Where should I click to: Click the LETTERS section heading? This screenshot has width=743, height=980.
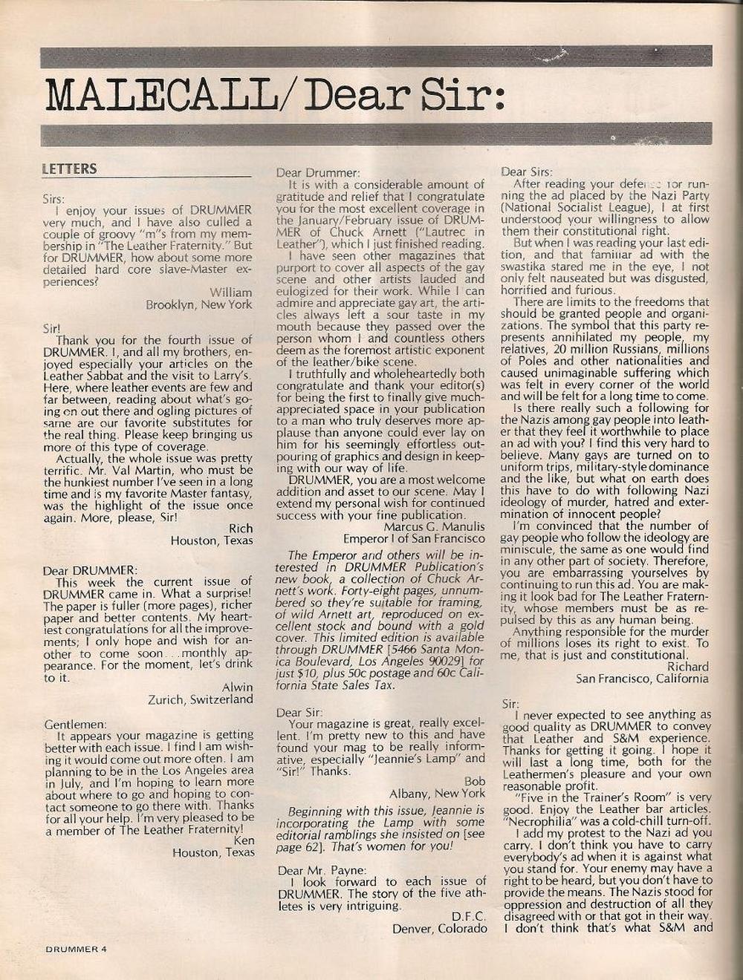click(x=69, y=169)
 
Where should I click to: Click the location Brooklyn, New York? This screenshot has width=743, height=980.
click(x=198, y=305)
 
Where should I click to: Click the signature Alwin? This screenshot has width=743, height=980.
click(x=237, y=687)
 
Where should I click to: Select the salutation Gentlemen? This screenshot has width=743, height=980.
click(x=74, y=724)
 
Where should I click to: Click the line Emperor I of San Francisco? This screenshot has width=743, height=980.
click(x=414, y=538)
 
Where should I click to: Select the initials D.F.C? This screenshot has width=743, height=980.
click(x=468, y=917)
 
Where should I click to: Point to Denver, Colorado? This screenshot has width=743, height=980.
click(x=440, y=929)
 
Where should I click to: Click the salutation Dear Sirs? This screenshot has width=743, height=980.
click(x=527, y=171)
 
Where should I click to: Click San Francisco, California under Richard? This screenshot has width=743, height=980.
click(x=642, y=679)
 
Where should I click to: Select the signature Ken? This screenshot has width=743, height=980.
click(x=244, y=840)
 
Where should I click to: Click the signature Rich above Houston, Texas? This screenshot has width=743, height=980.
click(x=240, y=529)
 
